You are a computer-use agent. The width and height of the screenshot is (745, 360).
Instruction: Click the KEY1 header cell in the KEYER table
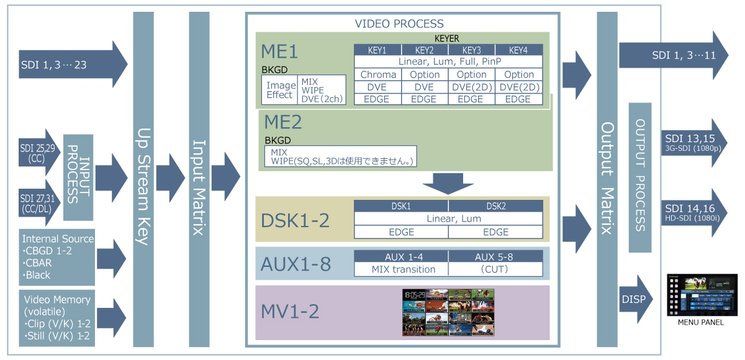377,50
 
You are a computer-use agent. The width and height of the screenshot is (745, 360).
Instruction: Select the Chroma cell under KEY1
377,74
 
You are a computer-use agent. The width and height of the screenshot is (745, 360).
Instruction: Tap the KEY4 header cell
519,50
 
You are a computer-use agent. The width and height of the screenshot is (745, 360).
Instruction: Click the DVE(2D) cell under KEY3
471,87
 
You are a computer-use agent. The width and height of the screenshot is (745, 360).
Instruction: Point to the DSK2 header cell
495,206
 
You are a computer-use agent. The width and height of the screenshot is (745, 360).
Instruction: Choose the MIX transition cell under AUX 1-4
400,269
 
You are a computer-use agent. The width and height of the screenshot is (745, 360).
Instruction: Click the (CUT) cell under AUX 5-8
495,269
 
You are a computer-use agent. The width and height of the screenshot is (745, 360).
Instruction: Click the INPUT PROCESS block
78,177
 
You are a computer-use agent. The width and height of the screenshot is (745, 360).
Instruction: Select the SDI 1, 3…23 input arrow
71,65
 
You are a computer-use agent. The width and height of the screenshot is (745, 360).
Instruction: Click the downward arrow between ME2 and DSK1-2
446,183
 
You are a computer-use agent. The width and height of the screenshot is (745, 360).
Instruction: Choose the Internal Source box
58,256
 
